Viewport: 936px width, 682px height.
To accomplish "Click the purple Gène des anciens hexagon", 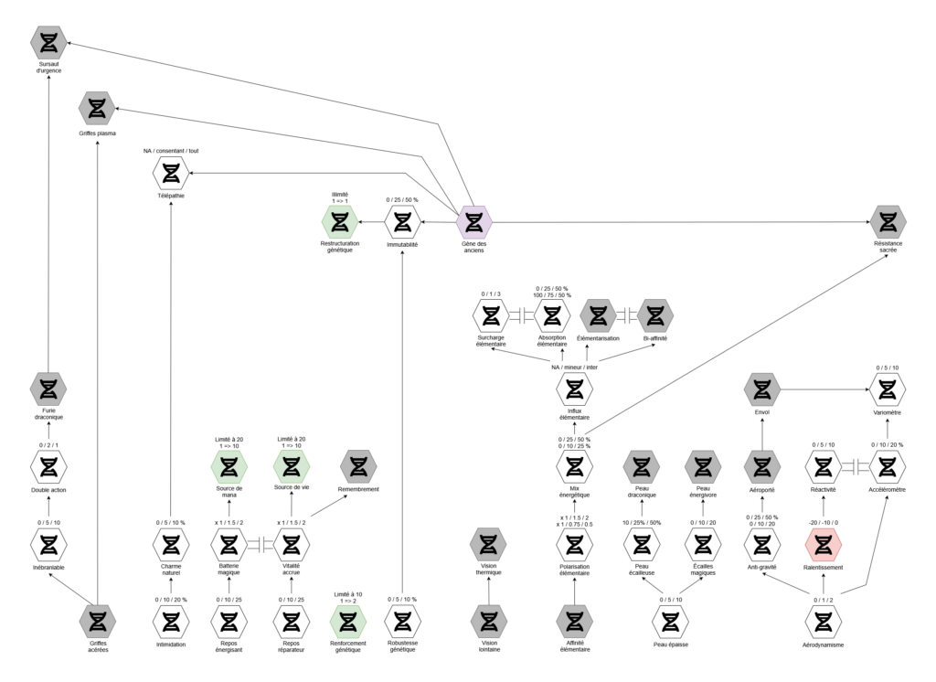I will click(x=473, y=221).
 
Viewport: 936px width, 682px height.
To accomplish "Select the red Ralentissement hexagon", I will click(x=823, y=545).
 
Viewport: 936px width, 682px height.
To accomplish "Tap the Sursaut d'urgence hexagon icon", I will click(x=48, y=42).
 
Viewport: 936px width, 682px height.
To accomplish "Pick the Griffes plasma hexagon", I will click(x=97, y=108).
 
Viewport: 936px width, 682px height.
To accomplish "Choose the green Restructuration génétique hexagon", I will click(x=340, y=221).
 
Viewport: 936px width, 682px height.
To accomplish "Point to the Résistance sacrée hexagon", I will click(x=888, y=221).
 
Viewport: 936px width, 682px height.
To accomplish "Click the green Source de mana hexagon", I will click(x=229, y=466).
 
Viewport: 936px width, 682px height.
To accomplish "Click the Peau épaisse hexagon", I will click(x=670, y=622).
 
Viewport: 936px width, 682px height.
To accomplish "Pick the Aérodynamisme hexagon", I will click(x=823, y=622).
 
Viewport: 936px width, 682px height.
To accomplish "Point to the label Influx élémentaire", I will click(x=573, y=417).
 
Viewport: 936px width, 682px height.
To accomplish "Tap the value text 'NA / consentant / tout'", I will click(x=171, y=149).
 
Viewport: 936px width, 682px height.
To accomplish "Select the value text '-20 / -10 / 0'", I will click(x=823, y=521).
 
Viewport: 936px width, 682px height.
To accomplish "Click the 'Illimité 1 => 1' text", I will click(x=340, y=197).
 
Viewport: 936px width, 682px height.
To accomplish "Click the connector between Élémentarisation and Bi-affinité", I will click(x=626, y=316).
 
